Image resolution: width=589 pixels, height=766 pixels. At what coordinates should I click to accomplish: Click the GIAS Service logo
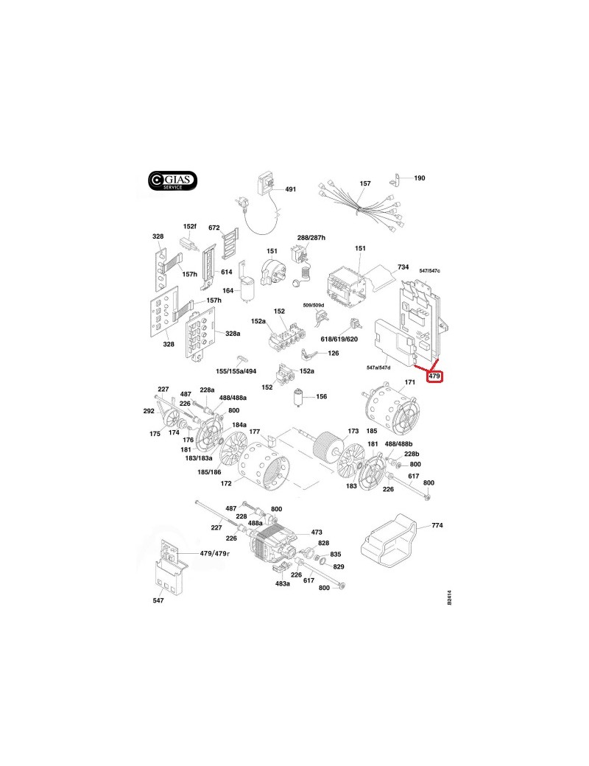click(172, 180)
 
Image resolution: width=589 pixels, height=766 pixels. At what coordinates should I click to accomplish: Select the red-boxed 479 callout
click(434, 376)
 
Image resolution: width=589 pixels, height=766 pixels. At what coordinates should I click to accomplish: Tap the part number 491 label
click(290, 189)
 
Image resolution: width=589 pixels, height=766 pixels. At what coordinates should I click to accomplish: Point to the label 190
click(420, 178)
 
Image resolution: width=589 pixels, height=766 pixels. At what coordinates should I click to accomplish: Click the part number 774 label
click(437, 525)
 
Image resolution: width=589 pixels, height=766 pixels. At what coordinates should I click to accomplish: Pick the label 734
click(403, 267)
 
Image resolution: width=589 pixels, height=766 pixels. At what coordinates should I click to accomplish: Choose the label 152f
click(189, 226)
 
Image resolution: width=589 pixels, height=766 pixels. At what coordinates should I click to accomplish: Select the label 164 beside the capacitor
click(228, 291)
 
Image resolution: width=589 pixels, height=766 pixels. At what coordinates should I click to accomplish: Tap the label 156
click(321, 396)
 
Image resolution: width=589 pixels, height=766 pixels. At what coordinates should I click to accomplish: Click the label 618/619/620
click(339, 339)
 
